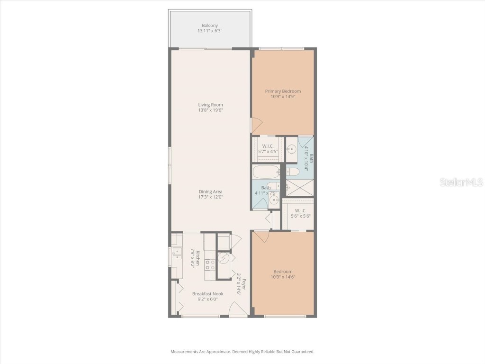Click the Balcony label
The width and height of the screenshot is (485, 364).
[209, 26]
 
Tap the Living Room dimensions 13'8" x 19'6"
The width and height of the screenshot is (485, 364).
[210, 110]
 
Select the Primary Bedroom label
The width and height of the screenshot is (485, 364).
[283, 91]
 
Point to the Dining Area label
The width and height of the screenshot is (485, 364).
[210, 191]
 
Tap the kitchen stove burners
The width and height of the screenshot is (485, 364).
[210, 264]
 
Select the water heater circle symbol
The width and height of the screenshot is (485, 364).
[223, 258]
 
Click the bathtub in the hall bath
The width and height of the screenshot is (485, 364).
[267, 171]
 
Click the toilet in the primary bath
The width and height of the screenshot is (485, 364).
[292, 171]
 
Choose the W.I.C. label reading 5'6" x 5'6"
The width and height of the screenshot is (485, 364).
[301, 213]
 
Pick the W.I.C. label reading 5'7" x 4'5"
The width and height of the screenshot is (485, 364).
[268, 148]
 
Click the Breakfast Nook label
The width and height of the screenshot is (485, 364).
[207, 293]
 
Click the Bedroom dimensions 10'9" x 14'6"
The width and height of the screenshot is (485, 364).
[283, 277]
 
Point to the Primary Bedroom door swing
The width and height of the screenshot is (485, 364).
[256, 125]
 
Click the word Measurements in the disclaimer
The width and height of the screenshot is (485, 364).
[184, 352]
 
